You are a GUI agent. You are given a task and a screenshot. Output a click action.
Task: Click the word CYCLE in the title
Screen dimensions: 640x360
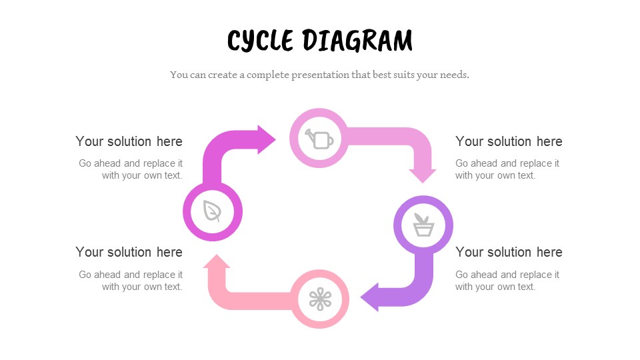click(260, 41)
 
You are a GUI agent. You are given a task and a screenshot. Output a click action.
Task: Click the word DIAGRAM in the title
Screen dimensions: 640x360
click(357, 41)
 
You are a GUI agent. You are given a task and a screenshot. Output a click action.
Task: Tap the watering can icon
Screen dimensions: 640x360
click(319, 139)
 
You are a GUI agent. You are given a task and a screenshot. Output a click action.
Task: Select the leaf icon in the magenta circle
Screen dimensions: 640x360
click(213, 211)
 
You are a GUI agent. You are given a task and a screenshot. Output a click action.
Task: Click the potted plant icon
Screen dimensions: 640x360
click(423, 225)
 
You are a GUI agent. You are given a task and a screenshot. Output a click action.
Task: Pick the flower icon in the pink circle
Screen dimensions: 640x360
click(320, 299)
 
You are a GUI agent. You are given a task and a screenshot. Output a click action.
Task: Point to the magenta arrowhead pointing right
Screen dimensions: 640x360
click(267, 139)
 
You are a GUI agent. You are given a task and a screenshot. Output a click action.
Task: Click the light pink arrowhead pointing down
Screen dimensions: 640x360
click(423, 175)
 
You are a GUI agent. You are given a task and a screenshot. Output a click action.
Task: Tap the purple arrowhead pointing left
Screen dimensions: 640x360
click(370, 297)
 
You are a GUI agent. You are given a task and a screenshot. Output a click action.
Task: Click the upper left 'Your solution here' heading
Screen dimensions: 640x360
click(129, 141)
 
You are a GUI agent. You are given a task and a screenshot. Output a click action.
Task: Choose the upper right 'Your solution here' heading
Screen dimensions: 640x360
click(509, 141)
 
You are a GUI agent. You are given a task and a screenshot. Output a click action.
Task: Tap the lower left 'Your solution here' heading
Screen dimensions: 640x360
click(129, 252)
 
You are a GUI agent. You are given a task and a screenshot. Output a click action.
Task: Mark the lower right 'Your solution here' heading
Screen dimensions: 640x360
click(509, 252)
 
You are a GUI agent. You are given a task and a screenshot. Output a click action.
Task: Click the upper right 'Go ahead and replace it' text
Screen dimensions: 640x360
click(507, 163)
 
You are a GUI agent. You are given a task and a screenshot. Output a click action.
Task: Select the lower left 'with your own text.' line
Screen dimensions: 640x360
click(142, 287)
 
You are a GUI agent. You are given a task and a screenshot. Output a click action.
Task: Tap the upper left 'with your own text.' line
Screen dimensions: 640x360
click(142, 175)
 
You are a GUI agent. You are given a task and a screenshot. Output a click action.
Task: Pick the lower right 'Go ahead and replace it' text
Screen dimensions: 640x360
click(507, 275)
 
